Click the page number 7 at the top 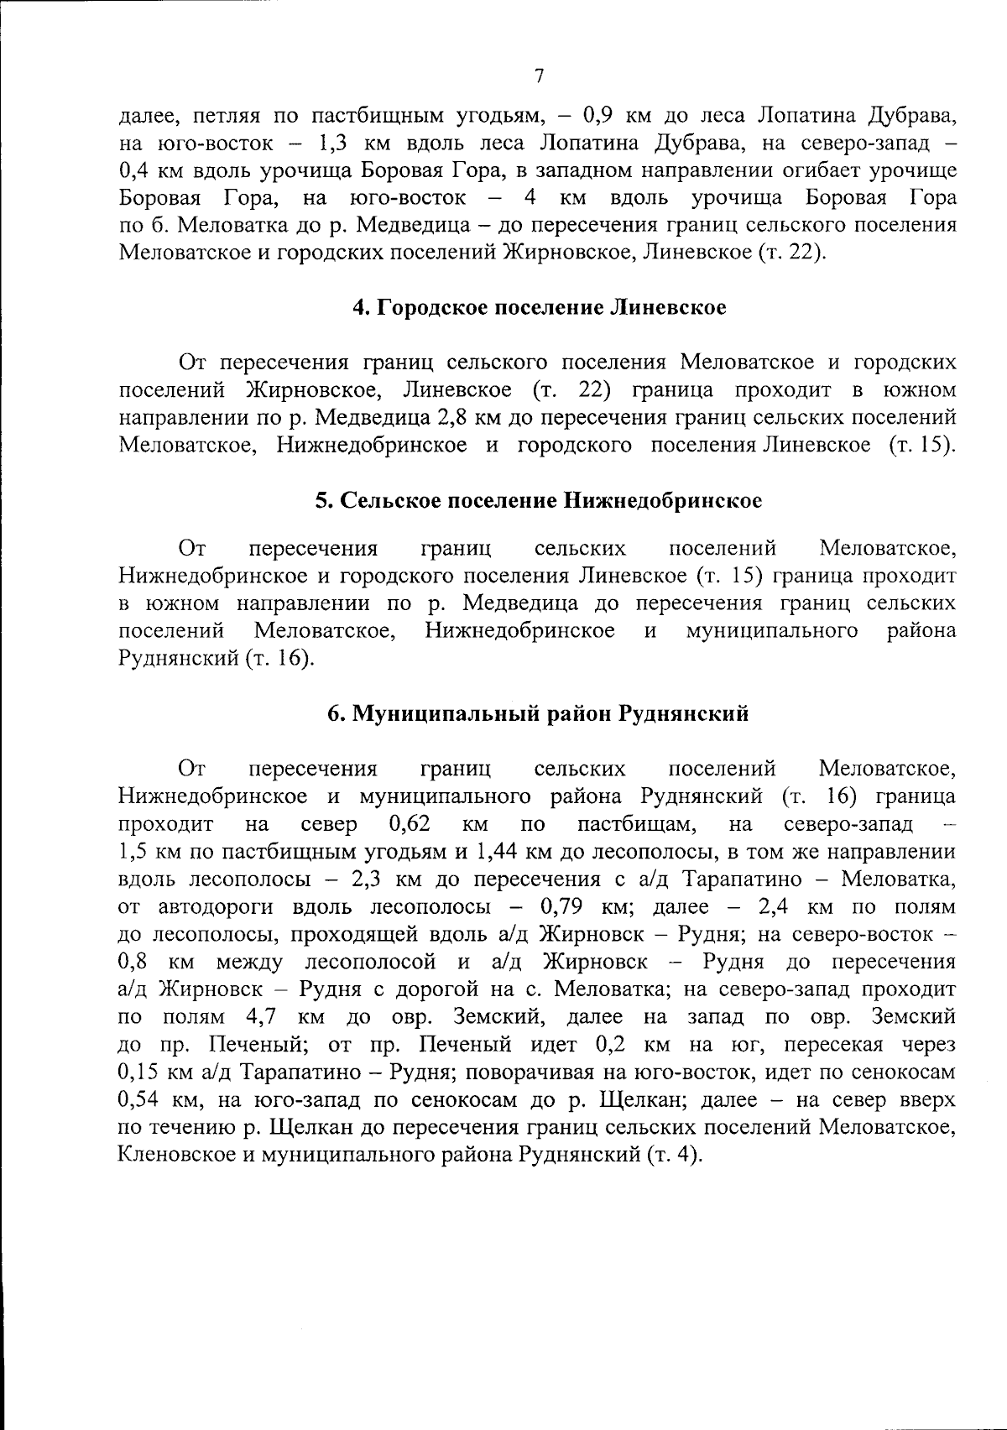(539, 76)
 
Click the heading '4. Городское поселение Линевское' (539, 307)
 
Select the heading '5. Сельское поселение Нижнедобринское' (539, 501)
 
